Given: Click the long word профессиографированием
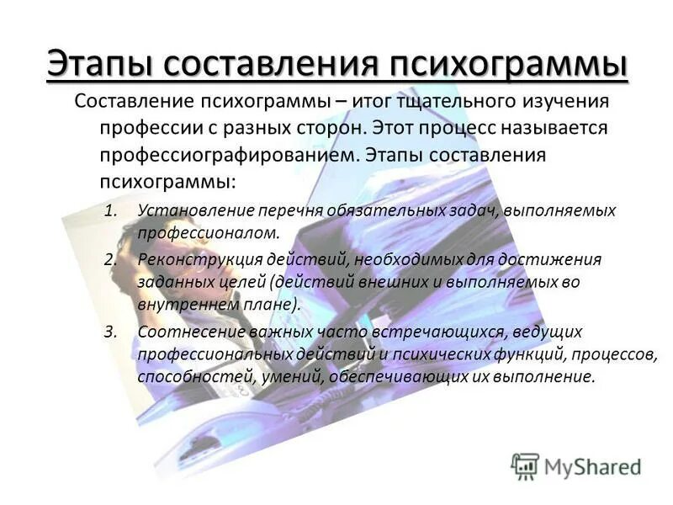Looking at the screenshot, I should point(220,157).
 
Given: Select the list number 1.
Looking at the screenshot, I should point(110,210).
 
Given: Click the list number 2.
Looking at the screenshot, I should point(110,258).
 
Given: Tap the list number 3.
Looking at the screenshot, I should point(110,332).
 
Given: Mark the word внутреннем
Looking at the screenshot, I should point(176,304).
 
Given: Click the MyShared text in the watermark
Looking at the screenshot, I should point(593,465).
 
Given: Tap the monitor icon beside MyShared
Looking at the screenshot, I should point(525,465).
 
